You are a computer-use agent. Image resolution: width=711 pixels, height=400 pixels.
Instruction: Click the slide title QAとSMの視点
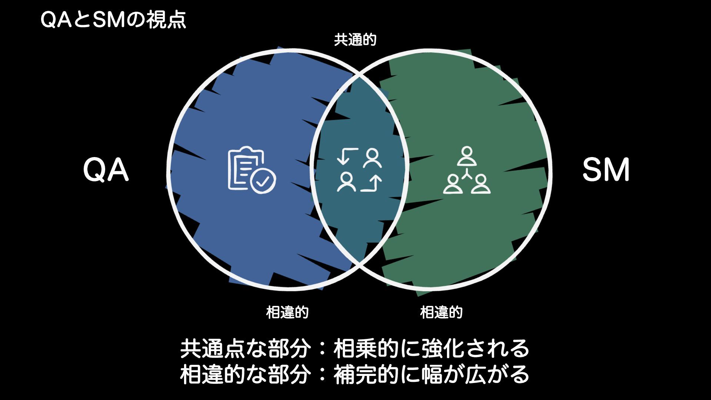point(113,20)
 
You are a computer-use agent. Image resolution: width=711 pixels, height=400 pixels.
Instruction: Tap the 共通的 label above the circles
point(355,40)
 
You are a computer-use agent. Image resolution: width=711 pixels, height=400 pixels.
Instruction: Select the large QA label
point(106,170)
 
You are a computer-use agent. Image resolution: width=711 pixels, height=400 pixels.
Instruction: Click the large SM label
point(605,170)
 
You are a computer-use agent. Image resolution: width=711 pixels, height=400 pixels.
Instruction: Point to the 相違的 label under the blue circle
point(287,312)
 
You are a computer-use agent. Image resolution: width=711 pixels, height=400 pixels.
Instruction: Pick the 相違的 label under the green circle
point(441,312)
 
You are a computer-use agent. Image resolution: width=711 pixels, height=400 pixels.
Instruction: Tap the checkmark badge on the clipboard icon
point(263,181)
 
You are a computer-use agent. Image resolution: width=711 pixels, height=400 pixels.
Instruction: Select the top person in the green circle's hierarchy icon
point(467,156)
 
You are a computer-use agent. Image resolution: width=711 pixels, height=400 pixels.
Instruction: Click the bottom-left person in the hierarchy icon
point(453,184)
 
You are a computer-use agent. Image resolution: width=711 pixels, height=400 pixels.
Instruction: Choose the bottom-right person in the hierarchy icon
point(481,184)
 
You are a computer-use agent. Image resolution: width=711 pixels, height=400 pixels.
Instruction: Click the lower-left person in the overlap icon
point(346,182)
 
